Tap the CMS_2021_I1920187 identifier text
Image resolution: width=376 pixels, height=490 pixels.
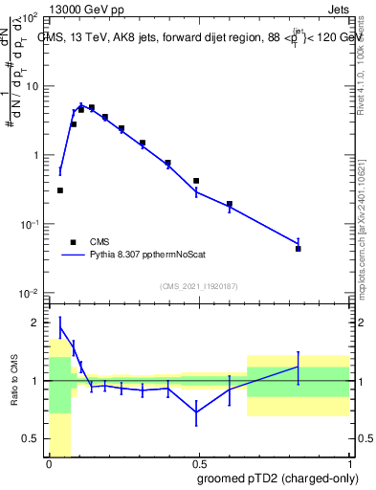pos(198,286)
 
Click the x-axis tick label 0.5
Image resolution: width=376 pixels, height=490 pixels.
pos(199,462)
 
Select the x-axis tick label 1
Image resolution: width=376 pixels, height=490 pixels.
pos(350,462)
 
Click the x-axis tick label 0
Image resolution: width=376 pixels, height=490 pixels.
pos(49,462)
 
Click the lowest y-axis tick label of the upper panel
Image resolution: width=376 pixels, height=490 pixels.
pos(29,293)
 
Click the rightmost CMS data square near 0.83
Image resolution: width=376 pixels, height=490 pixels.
pos(299,249)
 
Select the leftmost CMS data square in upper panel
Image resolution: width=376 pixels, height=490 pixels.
pos(60,190)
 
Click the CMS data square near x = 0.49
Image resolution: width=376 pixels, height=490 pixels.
pos(196,181)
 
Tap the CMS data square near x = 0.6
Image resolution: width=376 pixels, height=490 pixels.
pos(230,204)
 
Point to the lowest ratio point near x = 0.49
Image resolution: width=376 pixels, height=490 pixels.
pos(196,412)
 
